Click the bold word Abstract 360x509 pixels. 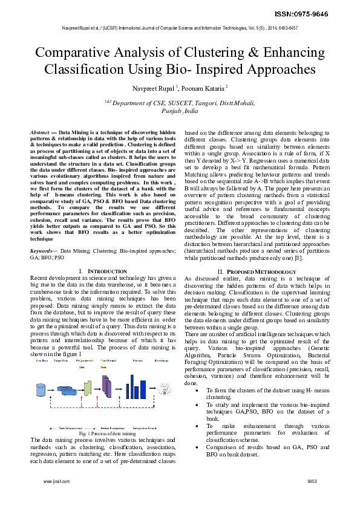(41, 132)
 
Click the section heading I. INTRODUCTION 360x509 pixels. (103, 271)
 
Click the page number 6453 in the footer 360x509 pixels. (312, 481)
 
